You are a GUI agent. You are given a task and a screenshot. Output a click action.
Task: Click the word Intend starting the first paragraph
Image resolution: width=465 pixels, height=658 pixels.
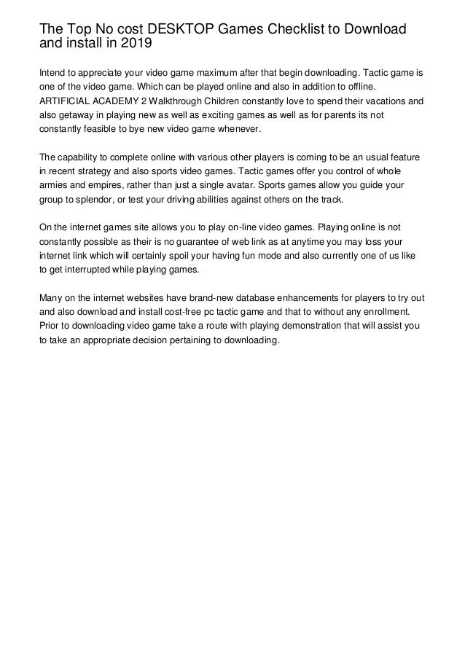pos(53,74)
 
